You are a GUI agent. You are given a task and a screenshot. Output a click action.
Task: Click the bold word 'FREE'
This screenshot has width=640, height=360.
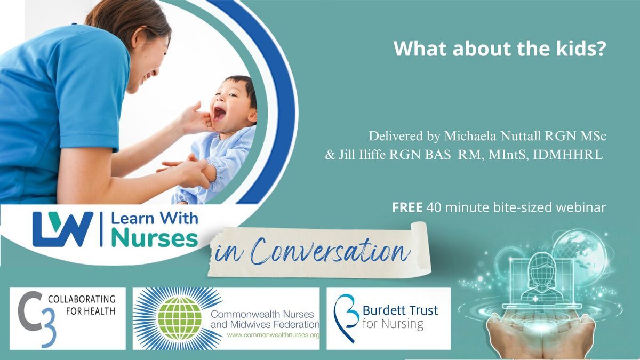pyautogui.click(x=407, y=207)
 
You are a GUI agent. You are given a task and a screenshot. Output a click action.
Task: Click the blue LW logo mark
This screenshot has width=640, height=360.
pyautogui.click(x=63, y=229)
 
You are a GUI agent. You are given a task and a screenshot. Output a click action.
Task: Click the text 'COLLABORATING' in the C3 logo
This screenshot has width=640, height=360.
pyautogui.click(x=82, y=299)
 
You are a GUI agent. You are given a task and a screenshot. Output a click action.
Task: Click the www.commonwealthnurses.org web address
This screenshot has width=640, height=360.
pyautogui.click(x=273, y=335)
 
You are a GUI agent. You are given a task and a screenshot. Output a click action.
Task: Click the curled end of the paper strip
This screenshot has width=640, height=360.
pyautogui.click(x=421, y=246)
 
